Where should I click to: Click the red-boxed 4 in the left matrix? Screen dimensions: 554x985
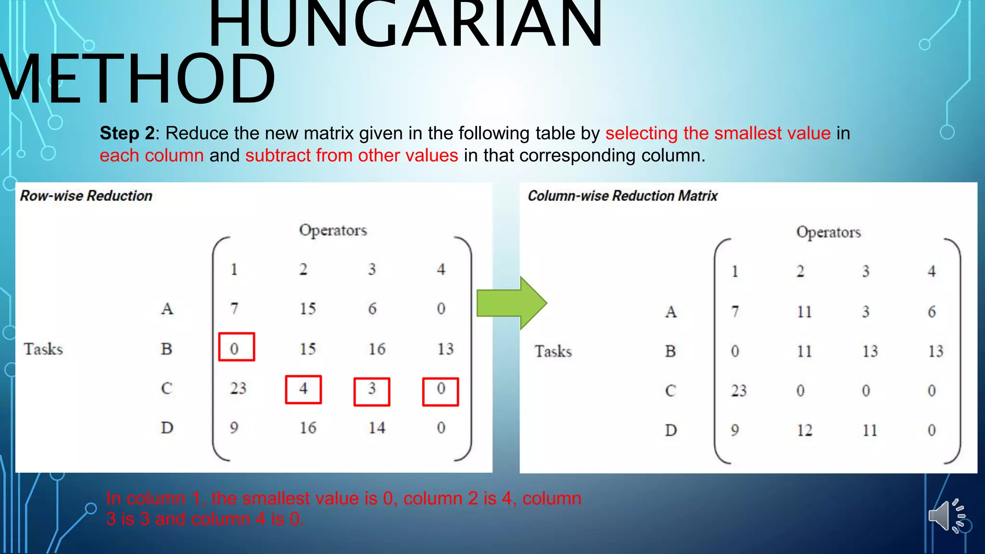click(303, 389)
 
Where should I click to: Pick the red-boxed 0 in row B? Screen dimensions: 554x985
click(236, 347)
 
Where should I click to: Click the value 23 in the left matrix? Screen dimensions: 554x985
click(238, 388)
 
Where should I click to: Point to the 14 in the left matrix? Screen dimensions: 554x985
click(377, 428)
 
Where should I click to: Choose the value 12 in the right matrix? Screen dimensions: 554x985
click(804, 430)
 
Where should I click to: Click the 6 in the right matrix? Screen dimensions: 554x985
click(932, 312)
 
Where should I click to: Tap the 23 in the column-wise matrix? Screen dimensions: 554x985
click(739, 390)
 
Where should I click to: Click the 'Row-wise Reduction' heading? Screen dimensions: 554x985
click(86, 196)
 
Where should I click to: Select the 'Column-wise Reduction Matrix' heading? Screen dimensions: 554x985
click(622, 196)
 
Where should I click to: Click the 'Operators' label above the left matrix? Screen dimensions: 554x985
click(333, 230)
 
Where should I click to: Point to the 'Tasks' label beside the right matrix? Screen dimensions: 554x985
click(553, 351)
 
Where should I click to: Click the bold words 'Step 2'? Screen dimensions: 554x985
click(127, 133)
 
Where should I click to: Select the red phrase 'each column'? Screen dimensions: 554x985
click(152, 155)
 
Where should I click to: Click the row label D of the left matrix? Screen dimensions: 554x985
click(167, 428)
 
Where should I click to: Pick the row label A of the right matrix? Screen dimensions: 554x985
click(670, 312)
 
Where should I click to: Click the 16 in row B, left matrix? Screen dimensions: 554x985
click(377, 349)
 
